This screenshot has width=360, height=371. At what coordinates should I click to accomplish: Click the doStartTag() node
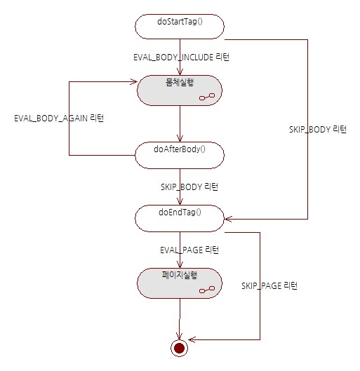(x=180, y=27)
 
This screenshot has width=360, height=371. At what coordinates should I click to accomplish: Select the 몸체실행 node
(x=180, y=90)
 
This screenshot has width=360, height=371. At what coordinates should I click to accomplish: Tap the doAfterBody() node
(x=180, y=155)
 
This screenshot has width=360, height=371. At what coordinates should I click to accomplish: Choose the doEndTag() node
(x=180, y=218)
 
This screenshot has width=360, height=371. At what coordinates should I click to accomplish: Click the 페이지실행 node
(x=180, y=283)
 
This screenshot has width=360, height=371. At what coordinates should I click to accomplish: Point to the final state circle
(x=179, y=348)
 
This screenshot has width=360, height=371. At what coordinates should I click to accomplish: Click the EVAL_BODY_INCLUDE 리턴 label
(x=181, y=58)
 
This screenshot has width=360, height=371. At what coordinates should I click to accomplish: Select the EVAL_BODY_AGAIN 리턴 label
(x=59, y=118)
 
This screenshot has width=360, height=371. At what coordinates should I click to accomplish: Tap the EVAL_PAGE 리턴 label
(x=189, y=250)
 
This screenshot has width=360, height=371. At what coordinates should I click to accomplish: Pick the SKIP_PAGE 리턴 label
(x=269, y=285)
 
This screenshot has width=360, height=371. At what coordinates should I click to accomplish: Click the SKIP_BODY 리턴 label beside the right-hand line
(x=318, y=130)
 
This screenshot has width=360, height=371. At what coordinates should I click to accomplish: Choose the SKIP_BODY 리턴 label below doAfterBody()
(x=189, y=187)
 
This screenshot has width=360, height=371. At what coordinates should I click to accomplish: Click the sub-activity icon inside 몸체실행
(x=207, y=97)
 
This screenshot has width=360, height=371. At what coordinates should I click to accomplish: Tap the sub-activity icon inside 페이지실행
(x=207, y=290)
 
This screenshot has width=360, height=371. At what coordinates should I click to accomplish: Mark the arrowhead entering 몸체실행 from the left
(x=135, y=82)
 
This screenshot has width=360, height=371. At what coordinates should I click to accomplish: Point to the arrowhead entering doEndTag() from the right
(x=227, y=219)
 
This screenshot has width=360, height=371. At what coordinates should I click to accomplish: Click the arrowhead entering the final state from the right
(x=192, y=339)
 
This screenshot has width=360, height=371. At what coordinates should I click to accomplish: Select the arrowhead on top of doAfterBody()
(x=180, y=139)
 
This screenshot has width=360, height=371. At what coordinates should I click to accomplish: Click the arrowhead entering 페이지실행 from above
(x=180, y=265)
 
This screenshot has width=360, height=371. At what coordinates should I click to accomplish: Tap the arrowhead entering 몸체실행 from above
(x=180, y=72)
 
